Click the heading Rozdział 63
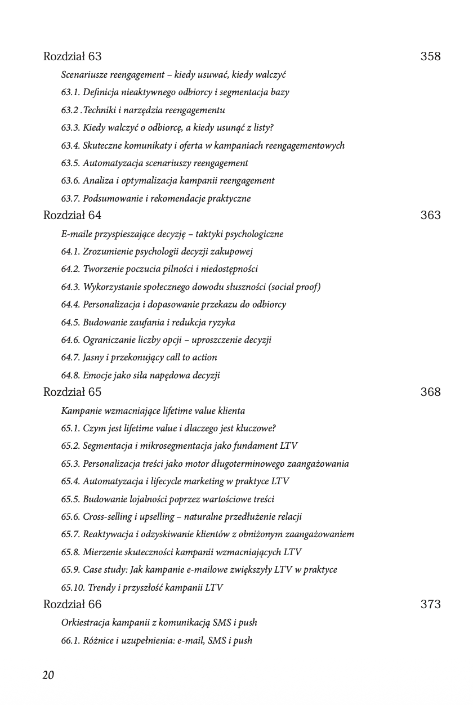[x=72, y=56]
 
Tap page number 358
[x=430, y=56]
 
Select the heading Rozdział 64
[x=72, y=215]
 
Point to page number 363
[x=430, y=215]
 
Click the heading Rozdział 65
[x=72, y=392]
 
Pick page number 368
[x=430, y=392]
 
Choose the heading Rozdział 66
[x=72, y=604]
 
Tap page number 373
[x=430, y=604]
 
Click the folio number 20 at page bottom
[x=48, y=675]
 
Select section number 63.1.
[x=70, y=92]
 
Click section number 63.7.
[x=70, y=198]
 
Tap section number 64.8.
[x=70, y=375]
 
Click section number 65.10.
[x=73, y=587]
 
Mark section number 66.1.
[x=70, y=640]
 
